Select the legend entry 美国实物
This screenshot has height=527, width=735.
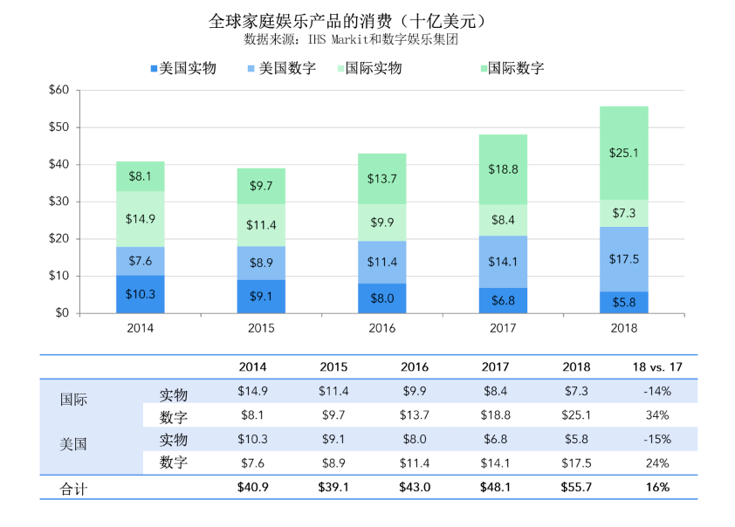tap(184, 68)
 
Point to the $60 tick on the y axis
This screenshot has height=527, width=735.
tap(58, 90)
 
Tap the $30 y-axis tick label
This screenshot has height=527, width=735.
tap(58, 202)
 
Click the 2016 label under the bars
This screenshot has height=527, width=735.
tap(382, 329)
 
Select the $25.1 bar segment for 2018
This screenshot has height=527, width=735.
tap(624, 153)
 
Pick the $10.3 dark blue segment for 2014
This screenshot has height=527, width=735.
tap(141, 295)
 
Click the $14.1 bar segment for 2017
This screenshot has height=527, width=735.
tap(503, 261)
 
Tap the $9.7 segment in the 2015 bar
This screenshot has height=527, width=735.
tap(261, 186)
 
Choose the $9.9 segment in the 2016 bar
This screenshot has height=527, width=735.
tap(382, 222)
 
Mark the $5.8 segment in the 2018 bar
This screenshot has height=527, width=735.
tap(624, 303)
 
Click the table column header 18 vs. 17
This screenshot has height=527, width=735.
tap(656, 367)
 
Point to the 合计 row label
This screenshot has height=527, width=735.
tap(73, 489)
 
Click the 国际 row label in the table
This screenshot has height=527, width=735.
tap(73, 401)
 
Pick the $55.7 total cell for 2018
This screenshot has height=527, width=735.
tap(576, 488)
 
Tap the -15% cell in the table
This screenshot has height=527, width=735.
tap(656, 439)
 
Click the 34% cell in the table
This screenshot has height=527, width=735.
tap(656, 415)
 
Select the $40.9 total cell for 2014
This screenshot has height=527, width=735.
tap(252, 488)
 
